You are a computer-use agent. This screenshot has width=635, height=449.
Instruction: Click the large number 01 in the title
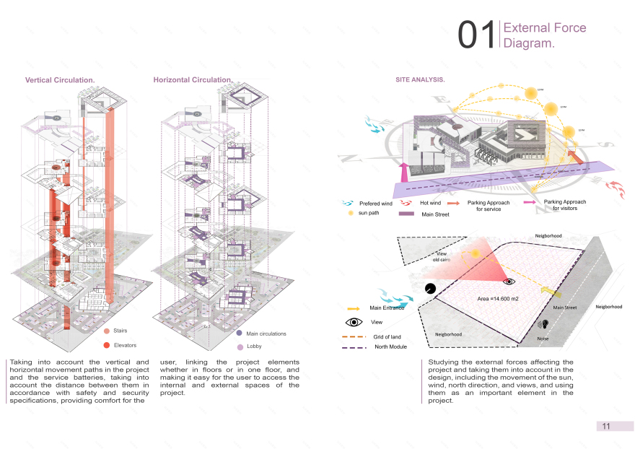[x=476, y=35]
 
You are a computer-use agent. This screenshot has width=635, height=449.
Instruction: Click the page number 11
[x=606, y=426]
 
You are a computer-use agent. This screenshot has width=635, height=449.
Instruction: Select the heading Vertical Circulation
[x=61, y=79]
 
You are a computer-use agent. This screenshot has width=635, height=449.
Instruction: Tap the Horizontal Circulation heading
[x=193, y=79]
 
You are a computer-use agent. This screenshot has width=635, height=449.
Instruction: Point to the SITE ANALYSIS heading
[x=420, y=79]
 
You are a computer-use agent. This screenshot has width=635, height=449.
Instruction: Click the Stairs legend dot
[x=107, y=331]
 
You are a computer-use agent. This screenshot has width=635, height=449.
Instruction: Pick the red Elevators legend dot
[x=107, y=345]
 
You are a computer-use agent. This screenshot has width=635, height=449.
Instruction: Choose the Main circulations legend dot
[x=240, y=334]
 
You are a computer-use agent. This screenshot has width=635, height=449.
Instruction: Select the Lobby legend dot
[x=240, y=347]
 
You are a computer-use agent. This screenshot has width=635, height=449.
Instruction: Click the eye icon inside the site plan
[x=509, y=282]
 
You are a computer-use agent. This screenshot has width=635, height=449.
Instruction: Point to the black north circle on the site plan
[x=431, y=289]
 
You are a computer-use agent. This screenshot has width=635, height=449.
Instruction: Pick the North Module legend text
[x=390, y=347]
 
